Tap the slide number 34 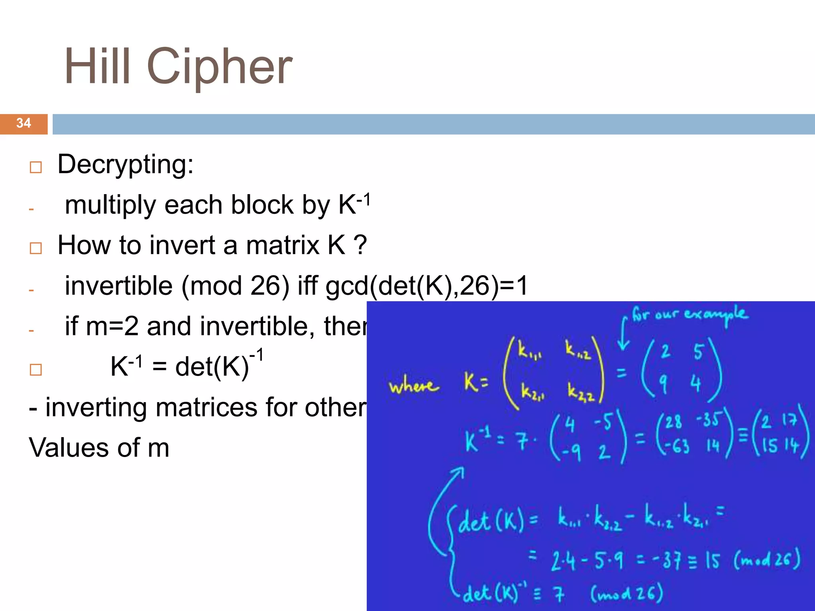point(23,123)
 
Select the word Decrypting point(125,164)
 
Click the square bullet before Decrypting point(36,167)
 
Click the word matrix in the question point(283,245)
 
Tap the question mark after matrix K point(360,245)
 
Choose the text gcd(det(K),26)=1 point(426,286)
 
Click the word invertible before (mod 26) point(119,286)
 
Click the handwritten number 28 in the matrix point(673,422)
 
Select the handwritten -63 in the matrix point(675,446)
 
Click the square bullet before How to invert point(36,248)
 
